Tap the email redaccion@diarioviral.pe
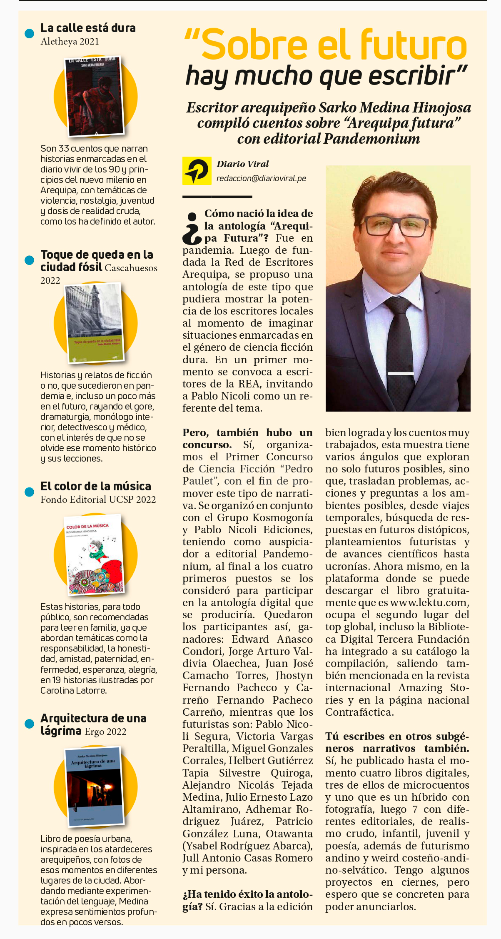[261, 178]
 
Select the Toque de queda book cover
[95, 323]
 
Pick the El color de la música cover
[95, 554]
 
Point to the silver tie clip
[401, 373]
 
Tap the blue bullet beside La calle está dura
[29, 33]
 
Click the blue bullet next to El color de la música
[29, 492]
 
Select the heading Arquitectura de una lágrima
[93, 724]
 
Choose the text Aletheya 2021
[70, 41]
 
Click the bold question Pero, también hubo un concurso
[247, 438]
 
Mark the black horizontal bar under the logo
[217, 196]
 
